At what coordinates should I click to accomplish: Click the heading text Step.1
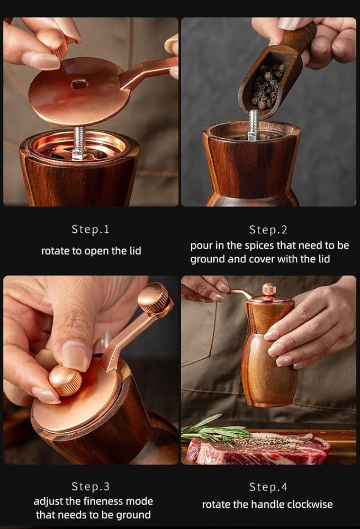click(x=90, y=230)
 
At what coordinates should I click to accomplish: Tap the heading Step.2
click(x=268, y=230)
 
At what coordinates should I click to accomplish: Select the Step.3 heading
click(x=91, y=487)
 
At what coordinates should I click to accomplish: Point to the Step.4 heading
click(x=268, y=487)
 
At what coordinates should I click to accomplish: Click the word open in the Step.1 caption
click(x=96, y=251)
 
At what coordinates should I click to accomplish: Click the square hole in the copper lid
click(x=80, y=85)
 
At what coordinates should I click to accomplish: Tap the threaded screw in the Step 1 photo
click(x=78, y=143)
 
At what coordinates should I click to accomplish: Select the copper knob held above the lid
click(x=53, y=42)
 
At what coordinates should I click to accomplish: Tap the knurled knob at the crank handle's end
click(x=154, y=297)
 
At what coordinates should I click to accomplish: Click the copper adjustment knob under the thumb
click(x=65, y=380)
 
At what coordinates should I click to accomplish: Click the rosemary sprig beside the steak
click(x=215, y=431)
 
